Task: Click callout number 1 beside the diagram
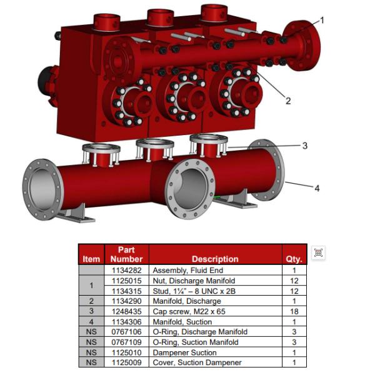322,20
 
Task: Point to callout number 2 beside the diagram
288,101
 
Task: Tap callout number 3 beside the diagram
304,146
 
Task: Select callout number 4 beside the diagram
317,187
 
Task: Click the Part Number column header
126,254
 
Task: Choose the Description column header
215,259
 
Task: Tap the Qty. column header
294,259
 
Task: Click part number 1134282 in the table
126,270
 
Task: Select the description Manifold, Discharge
188,301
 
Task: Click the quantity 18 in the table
294,311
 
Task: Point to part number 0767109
126,342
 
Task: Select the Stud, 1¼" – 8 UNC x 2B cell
196,291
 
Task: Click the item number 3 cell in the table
91,311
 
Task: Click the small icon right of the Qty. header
319,253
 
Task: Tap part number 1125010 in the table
126,352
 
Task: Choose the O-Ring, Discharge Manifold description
200,332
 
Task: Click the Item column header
91,259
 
